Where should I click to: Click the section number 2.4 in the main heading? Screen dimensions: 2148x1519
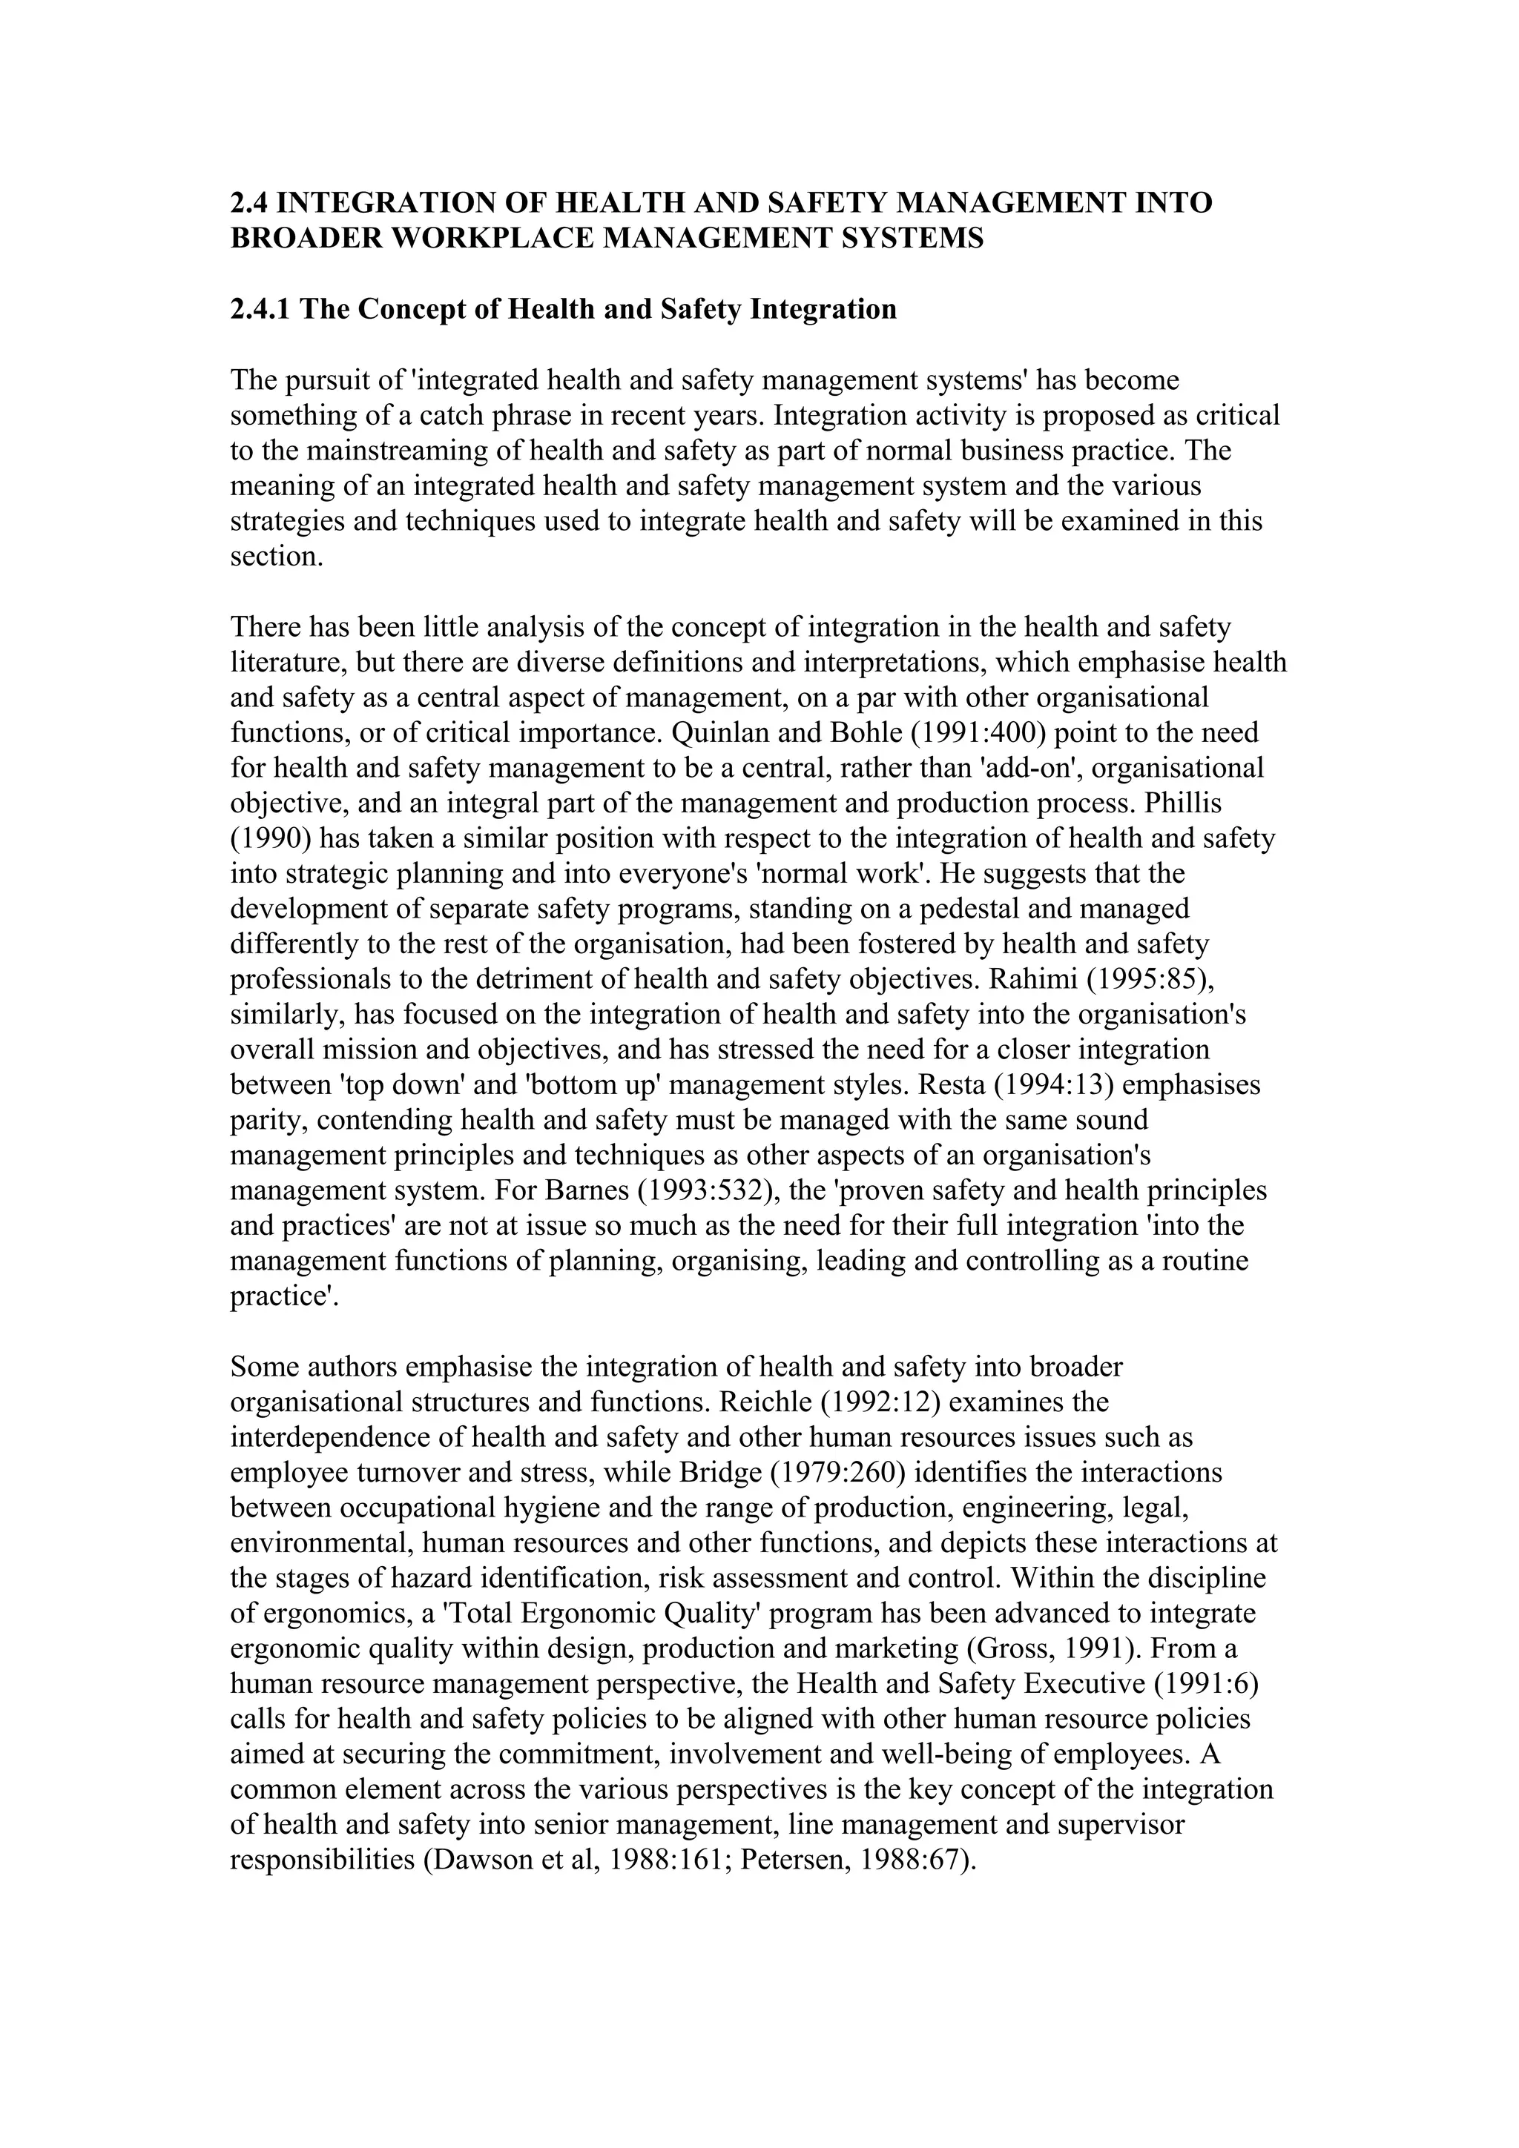pyautogui.click(x=250, y=203)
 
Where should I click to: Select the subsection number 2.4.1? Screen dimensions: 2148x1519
pyautogui.click(x=261, y=309)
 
